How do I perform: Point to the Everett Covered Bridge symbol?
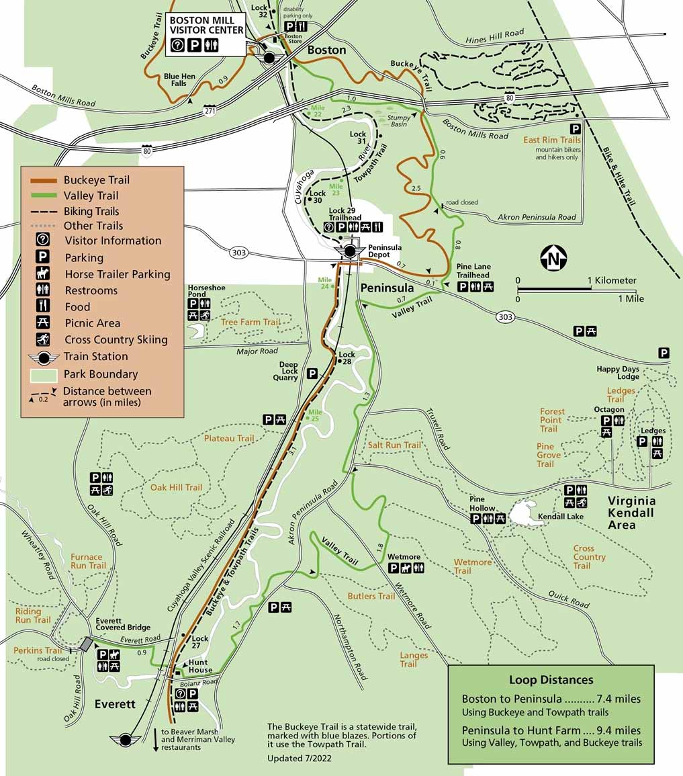tap(86, 644)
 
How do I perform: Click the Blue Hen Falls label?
tap(179, 80)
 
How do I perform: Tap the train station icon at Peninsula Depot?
tap(350, 251)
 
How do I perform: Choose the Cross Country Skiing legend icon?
tap(43, 339)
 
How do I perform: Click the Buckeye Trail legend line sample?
tap(43, 180)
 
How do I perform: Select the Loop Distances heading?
tap(550, 679)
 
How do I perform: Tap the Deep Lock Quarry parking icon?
tap(312, 373)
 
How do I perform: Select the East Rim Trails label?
tap(552, 140)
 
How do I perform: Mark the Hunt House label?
tap(200, 666)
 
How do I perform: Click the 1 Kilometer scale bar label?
tap(610, 280)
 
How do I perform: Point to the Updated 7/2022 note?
tap(299, 758)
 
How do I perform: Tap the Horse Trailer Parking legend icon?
tap(43, 274)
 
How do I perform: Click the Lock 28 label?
tap(347, 358)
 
